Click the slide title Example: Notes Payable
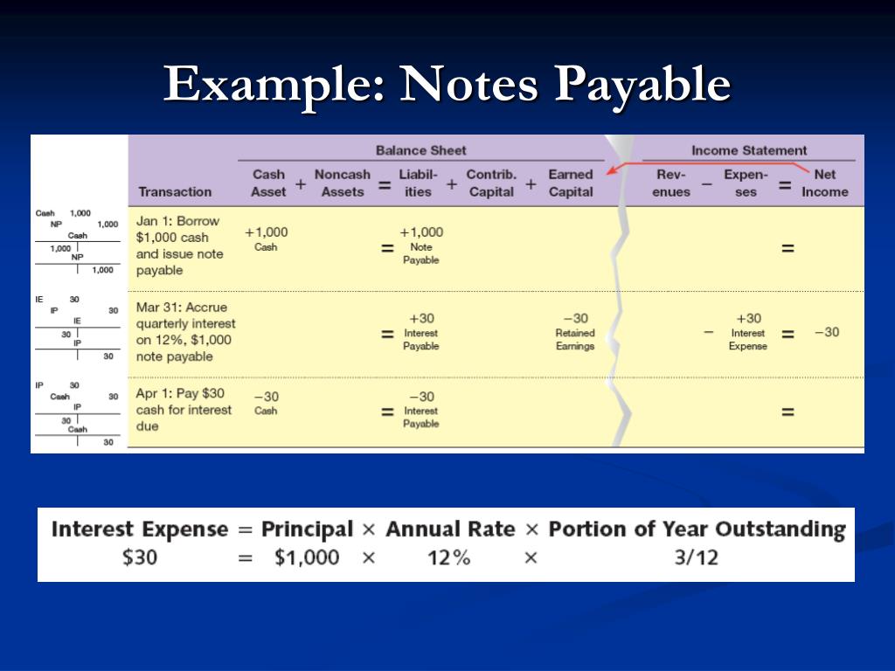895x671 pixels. pyautogui.click(x=447, y=85)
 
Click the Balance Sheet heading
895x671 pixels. pyautogui.click(x=420, y=150)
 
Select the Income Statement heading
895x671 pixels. pyautogui.click(x=749, y=150)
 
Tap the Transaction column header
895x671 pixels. pyautogui.click(x=175, y=191)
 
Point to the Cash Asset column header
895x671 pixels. pyautogui.click(x=268, y=183)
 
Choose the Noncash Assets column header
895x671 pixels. pyautogui.click(x=342, y=183)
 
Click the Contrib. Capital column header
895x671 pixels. pyautogui.click(x=491, y=183)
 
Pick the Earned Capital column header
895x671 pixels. pyautogui.click(x=570, y=183)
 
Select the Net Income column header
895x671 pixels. pyautogui.click(x=824, y=183)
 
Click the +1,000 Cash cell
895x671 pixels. pyautogui.click(x=266, y=238)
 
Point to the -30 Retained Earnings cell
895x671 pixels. pyautogui.click(x=574, y=331)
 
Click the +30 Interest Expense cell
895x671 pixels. pyautogui.click(x=748, y=331)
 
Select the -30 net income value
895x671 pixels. pyautogui.click(x=826, y=332)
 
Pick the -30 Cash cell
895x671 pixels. pyautogui.click(x=266, y=402)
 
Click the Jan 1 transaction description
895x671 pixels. pyautogui.click(x=180, y=246)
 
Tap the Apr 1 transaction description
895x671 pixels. pyautogui.click(x=184, y=410)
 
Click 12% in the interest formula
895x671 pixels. pyautogui.click(x=449, y=557)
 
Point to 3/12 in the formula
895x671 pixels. pyautogui.click(x=696, y=557)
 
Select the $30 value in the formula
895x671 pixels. pyautogui.click(x=140, y=557)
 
